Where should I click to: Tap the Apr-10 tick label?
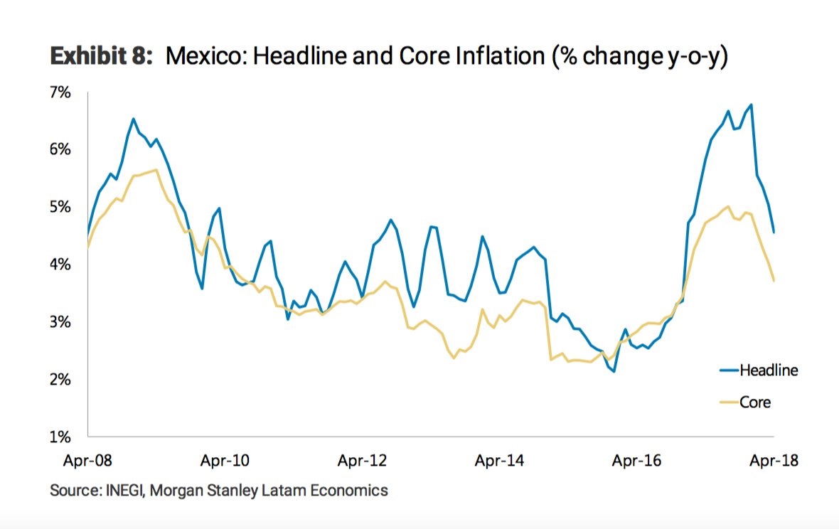pos(225,461)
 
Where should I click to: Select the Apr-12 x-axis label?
pos(363,461)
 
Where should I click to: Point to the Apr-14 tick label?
pos(500,461)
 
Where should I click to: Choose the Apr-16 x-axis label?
pos(637,461)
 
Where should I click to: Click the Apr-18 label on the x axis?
pos(774,461)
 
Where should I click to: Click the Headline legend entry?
pos(769,370)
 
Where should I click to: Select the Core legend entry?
pos(755,402)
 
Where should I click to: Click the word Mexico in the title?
pos(205,58)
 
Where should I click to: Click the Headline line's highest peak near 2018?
pos(751,105)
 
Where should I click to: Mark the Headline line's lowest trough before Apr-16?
pos(613,371)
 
